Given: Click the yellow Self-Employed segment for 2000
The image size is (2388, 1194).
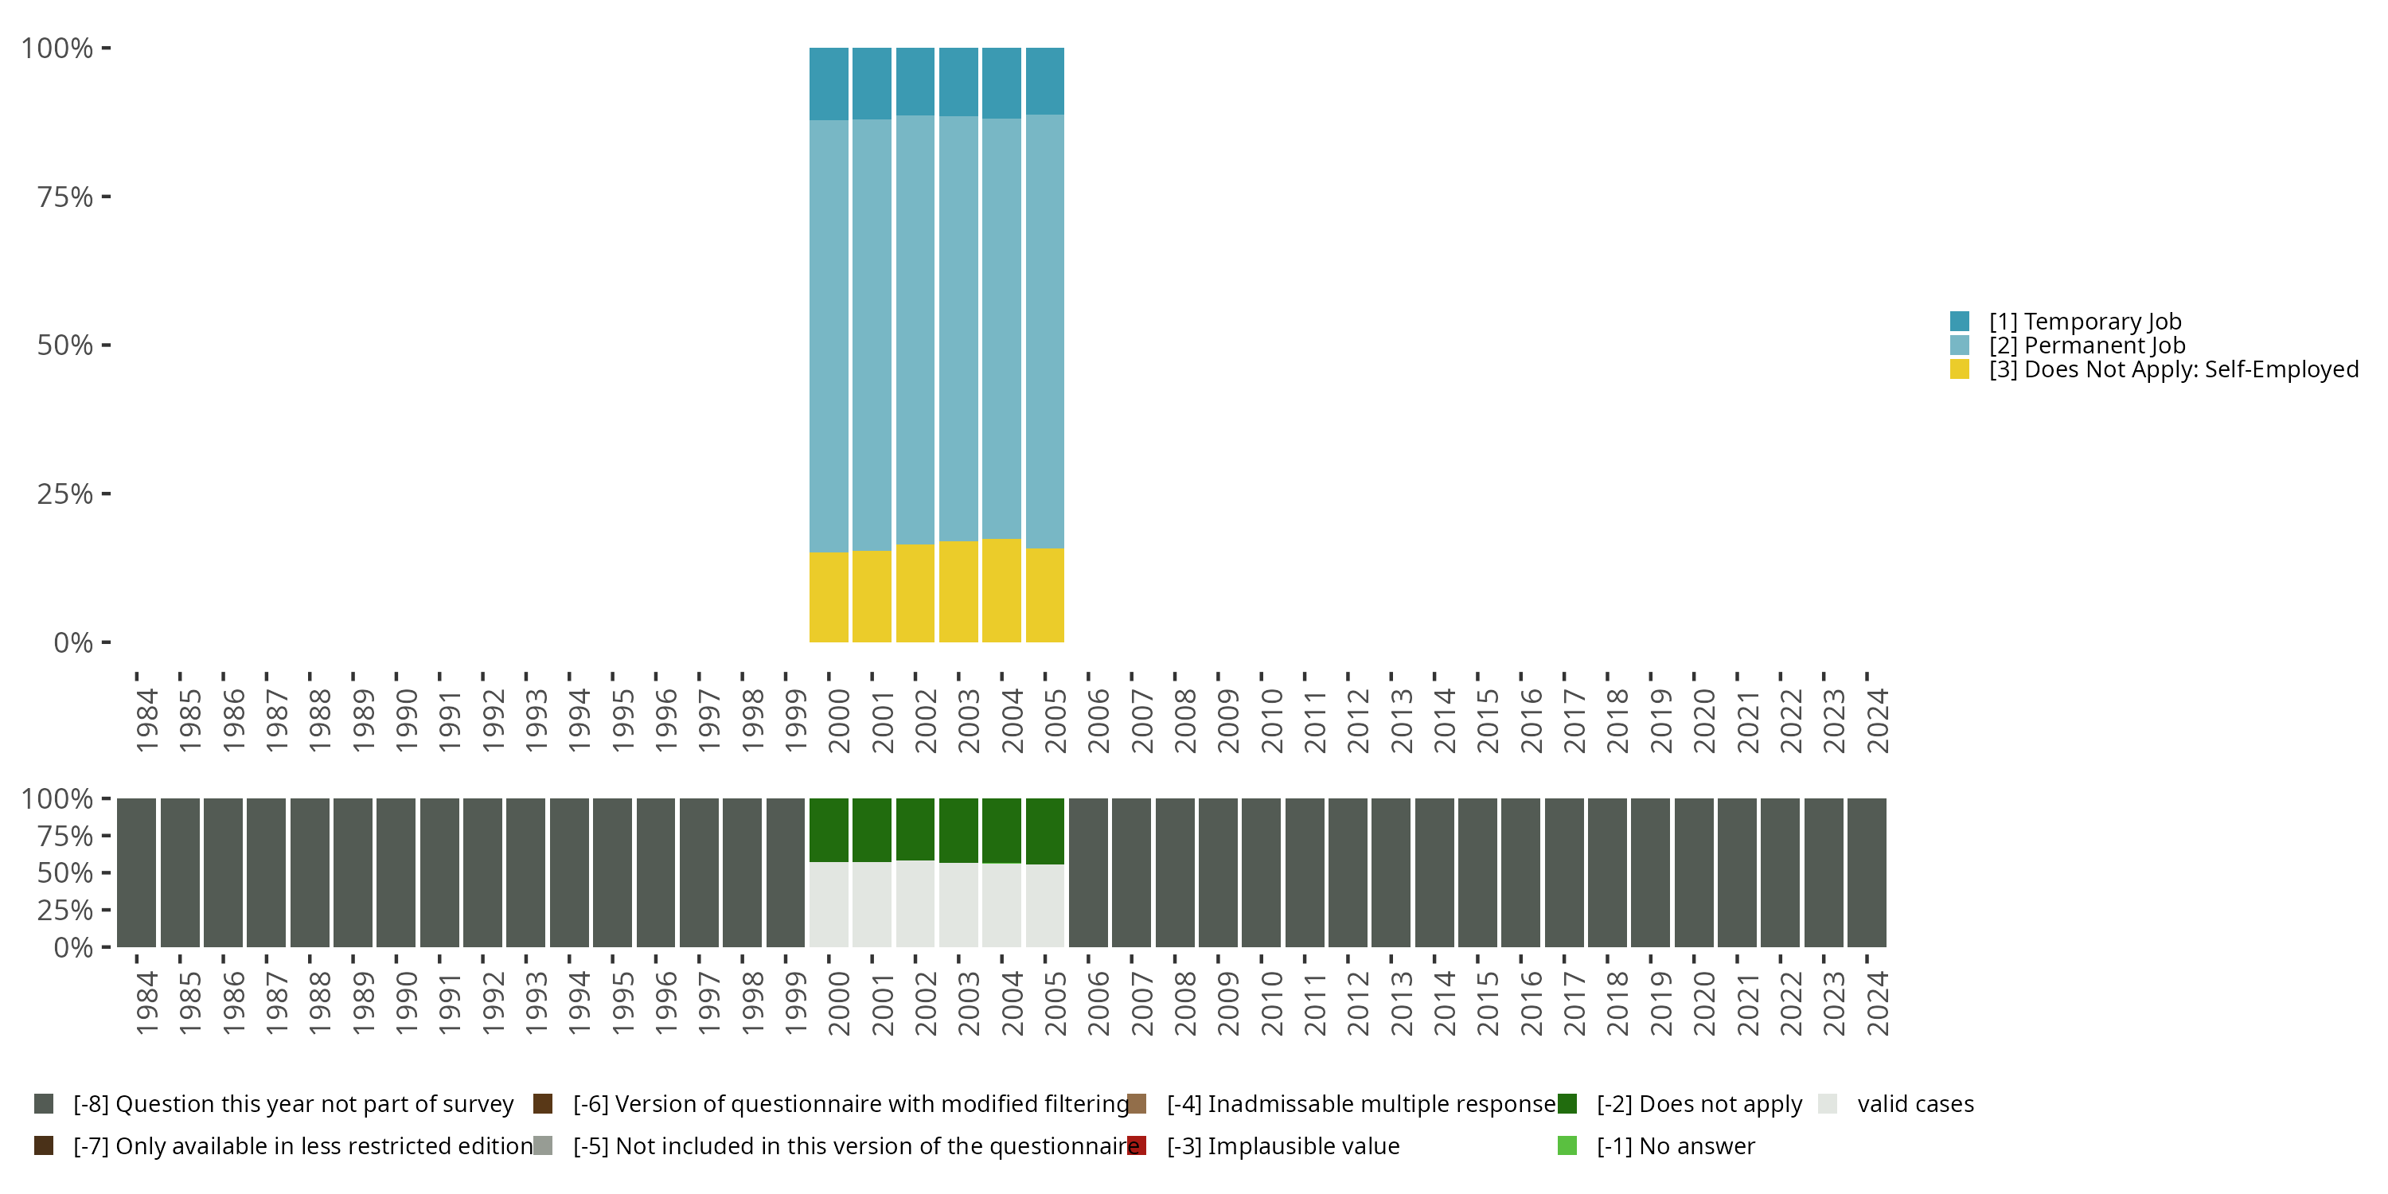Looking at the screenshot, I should pyautogui.click(x=829, y=597).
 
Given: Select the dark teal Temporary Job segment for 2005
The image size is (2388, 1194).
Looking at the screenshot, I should pyautogui.click(x=1044, y=81).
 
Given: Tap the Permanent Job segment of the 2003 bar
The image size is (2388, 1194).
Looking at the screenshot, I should pyautogui.click(x=958, y=328).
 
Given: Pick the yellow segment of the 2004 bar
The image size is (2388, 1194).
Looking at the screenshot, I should pyautogui.click(x=1001, y=591).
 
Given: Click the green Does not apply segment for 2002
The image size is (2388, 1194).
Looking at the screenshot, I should pyautogui.click(x=915, y=829).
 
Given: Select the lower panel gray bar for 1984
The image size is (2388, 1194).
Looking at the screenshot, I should pyautogui.click(x=136, y=872).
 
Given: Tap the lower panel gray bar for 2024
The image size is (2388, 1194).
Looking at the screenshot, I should pyautogui.click(x=1866, y=872).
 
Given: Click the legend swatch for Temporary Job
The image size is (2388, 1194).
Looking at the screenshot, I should pyautogui.click(x=1960, y=322).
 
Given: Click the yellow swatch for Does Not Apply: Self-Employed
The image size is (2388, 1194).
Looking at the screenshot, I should pyautogui.click(x=1960, y=370).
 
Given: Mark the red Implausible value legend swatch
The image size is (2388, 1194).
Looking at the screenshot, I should pyautogui.click(x=1137, y=1145).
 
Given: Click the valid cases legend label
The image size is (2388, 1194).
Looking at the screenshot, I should pyautogui.click(x=1915, y=1104).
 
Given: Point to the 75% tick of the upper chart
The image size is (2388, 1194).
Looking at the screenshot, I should pyautogui.click(x=106, y=197).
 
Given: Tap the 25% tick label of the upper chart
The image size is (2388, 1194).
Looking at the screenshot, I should pyautogui.click(x=65, y=494).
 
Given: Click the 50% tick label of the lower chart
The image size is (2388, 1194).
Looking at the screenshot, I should pyautogui.click(x=65, y=873).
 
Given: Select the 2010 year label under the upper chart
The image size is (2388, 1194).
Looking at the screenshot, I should pyautogui.click(x=1272, y=720).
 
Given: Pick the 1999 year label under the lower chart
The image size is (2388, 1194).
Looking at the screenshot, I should pyautogui.click(x=795, y=1003).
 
